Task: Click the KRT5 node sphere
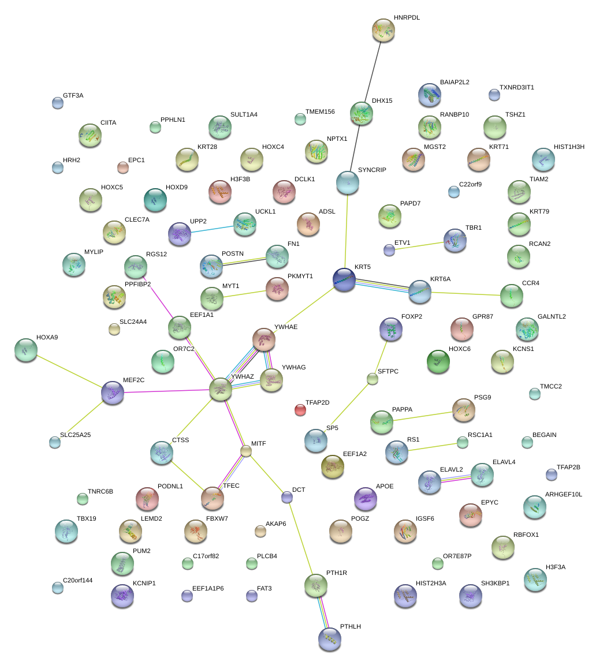[345, 279]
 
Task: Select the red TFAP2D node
[300, 410]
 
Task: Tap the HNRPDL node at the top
[384, 30]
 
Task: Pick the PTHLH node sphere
[329, 639]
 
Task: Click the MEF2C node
[113, 393]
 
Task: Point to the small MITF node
[246, 451]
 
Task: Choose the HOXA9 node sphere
[25, 349]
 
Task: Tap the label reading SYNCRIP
[372, 170]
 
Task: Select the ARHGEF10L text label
[564, 495]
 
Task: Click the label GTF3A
[73, 95]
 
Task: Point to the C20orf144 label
[77, 580]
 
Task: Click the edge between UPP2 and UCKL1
[212, 229]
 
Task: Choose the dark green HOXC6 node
[438, 361]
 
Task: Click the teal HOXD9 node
[155, 200]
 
